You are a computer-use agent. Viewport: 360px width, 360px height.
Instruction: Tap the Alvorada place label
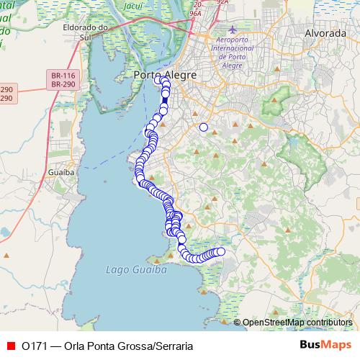tap(306, 34)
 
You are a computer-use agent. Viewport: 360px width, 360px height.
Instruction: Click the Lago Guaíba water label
tap(135, 269)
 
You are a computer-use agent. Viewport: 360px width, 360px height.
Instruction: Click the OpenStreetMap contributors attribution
tap(297, 322)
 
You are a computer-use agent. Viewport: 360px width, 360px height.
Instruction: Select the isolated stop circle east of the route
tap(203, 127)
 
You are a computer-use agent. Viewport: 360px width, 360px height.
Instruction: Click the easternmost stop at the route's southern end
tap(221, 251)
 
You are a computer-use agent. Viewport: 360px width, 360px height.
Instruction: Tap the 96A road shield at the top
tap(194, 13)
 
